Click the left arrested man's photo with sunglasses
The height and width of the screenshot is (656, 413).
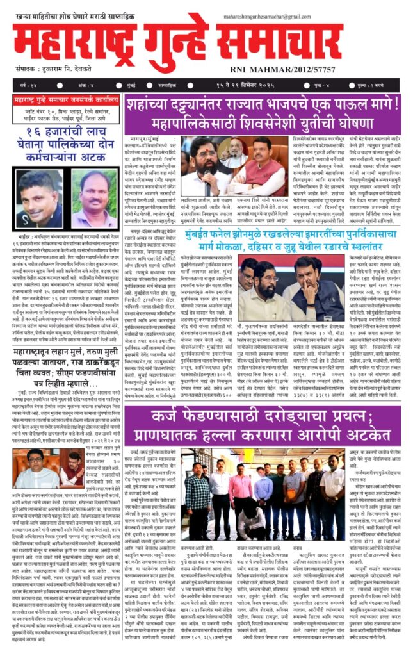pos(38,199)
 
